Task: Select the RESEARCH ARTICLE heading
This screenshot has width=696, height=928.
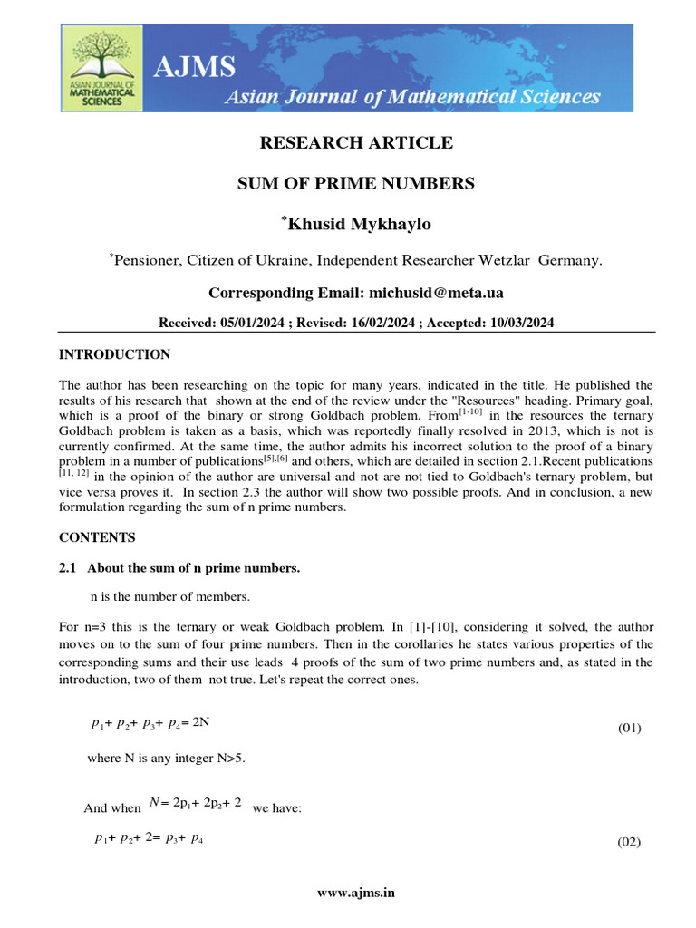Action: tap(356, 143)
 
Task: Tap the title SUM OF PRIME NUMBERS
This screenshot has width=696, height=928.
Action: tap(356, 183)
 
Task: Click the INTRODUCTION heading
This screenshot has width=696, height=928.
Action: tap(114, 354)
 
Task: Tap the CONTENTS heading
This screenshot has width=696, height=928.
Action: tap(97, 537)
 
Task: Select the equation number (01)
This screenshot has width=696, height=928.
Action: tap(630, 728)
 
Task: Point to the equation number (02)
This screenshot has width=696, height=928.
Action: tap(630, 842)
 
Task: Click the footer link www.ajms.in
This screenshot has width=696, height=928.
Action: tap(356, 892)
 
